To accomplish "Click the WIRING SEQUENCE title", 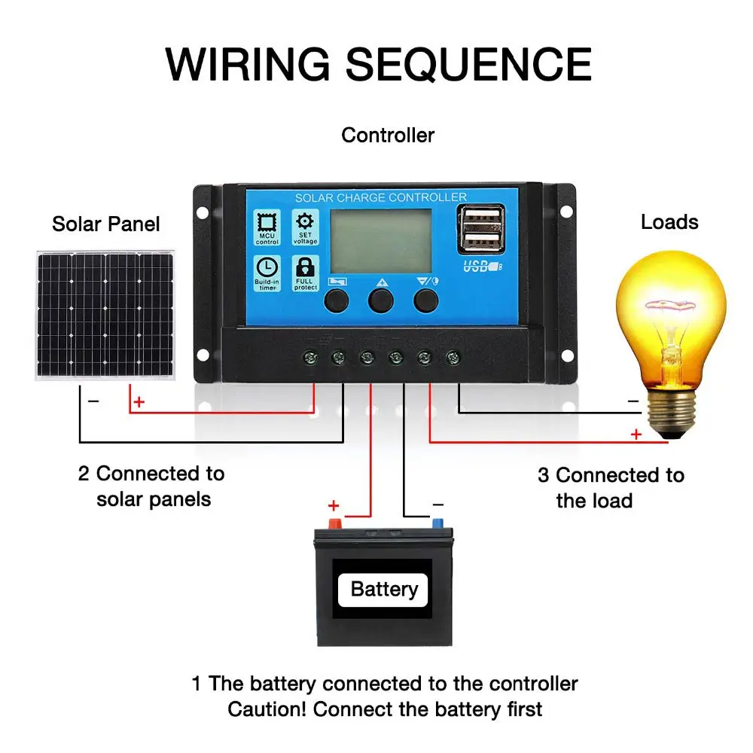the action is click(x=379, y=64).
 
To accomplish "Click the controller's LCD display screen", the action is click(x=381, y=241).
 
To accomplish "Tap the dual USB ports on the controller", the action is click(x=480, y=229).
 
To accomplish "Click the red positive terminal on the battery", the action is click(x=335, y=523).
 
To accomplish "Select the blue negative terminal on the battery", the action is click(x=437, y=523).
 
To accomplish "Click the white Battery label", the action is click(x=383, y=590).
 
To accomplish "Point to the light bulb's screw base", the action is click(x=671, y=410).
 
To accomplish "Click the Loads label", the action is click(x=669, y=222).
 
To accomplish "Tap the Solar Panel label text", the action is click(x=105, y=224).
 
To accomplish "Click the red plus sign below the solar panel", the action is click(x=139, y=401).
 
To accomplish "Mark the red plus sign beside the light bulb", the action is click(x=636, y=434).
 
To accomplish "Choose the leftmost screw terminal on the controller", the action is click(x=310, y=357).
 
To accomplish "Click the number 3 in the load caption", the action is click(x=543, y=475).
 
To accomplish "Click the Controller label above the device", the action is click(x=388, y=136).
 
